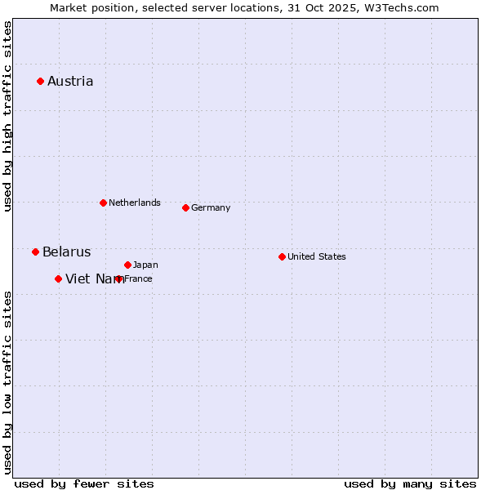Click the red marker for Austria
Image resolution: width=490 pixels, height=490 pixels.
tap(40, 81)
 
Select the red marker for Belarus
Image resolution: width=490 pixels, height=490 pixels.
tap(35, 252)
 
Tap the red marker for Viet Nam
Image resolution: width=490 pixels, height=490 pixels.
tap(58, 278)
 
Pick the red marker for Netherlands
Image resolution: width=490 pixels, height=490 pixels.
tap(103, 203)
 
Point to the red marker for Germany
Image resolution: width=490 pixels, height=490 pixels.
tap(185, 207)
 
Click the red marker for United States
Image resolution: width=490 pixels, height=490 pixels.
tap(282, 256)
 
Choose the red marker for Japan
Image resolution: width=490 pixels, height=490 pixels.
tap(127, 265)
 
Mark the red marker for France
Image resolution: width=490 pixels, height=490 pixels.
tap(119, 278)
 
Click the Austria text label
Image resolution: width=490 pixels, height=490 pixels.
tap(70, 81)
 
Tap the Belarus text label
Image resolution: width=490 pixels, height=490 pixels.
tap(67, 252)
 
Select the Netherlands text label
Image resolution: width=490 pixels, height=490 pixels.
tap(135, 203)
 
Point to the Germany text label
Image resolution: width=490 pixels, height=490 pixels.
tap(211, 207)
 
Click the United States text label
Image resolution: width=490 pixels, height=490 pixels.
tap(317, 256)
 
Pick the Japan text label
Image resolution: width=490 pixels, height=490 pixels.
tap(145, 265)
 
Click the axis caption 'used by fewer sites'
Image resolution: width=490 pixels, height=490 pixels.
tap(84, 483)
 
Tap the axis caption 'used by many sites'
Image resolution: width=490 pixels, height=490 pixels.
tap(410, 483)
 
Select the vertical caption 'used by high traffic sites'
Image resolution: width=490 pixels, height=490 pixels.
tap(7, 117)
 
